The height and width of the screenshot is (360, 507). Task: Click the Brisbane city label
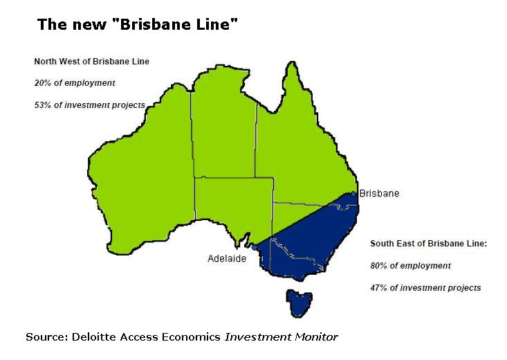pyautogui.click(x=379, y=194)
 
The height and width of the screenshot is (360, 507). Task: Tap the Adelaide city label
pyautogui.click(x=227, y=258)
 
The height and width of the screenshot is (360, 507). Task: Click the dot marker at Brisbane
pyautogui.click(x=353, y=194)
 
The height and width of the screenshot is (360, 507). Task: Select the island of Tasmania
pyautogui.click(x=299, y=303)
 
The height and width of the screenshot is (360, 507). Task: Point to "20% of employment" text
pyautogui.click(x=75, y=83)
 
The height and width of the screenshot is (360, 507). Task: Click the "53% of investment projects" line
pyautogui.click(x=90, y=105)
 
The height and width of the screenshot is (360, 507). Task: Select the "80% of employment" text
pyautogui.click(x=410, y=265)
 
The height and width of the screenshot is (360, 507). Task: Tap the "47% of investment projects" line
pyautogui.click(x=425, y=287)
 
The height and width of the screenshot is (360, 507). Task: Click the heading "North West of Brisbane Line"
pyautogui.click(x=92, y=62)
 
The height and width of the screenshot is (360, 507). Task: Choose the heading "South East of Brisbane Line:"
pyautogui.click(x=429, y=244)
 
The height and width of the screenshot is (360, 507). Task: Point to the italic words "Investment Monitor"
pyautogui.click(x=281, y=337)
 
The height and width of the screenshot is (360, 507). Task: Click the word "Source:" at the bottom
pyautogui.click(x=46, y=337)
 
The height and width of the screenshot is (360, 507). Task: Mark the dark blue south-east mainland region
pyautogui.click(x=311, y=242)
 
